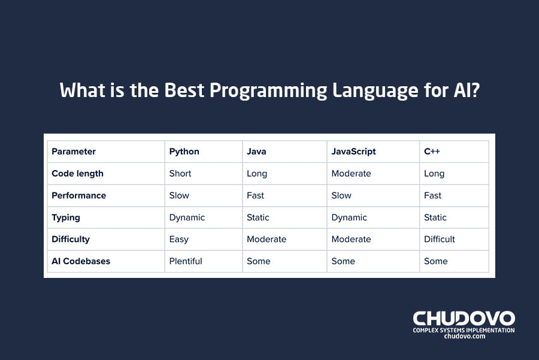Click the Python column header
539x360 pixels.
[184, 152]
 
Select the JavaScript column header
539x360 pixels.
[353, 152]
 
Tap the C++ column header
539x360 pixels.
[432, 152]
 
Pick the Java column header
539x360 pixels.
[256, 152]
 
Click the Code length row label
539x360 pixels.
[77, 174]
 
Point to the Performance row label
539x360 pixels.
[78, 195]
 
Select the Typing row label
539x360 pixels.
[66, 217]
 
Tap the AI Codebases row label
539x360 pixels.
[81, 261]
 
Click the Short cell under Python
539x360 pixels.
[180, 173]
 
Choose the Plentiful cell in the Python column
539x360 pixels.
[186, 261]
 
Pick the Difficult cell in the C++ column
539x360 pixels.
[440, 239]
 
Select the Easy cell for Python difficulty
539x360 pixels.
[178, 240]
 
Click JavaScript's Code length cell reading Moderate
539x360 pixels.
[351, 173]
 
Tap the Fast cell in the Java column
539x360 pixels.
[255, 195]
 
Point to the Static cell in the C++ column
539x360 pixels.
[435, 217]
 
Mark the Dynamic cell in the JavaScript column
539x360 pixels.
[349, 217]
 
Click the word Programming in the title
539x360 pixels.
[268, 90]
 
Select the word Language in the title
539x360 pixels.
[375, 90]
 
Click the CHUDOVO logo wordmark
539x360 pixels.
[464, 319]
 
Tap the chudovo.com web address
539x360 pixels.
[464, 336]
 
